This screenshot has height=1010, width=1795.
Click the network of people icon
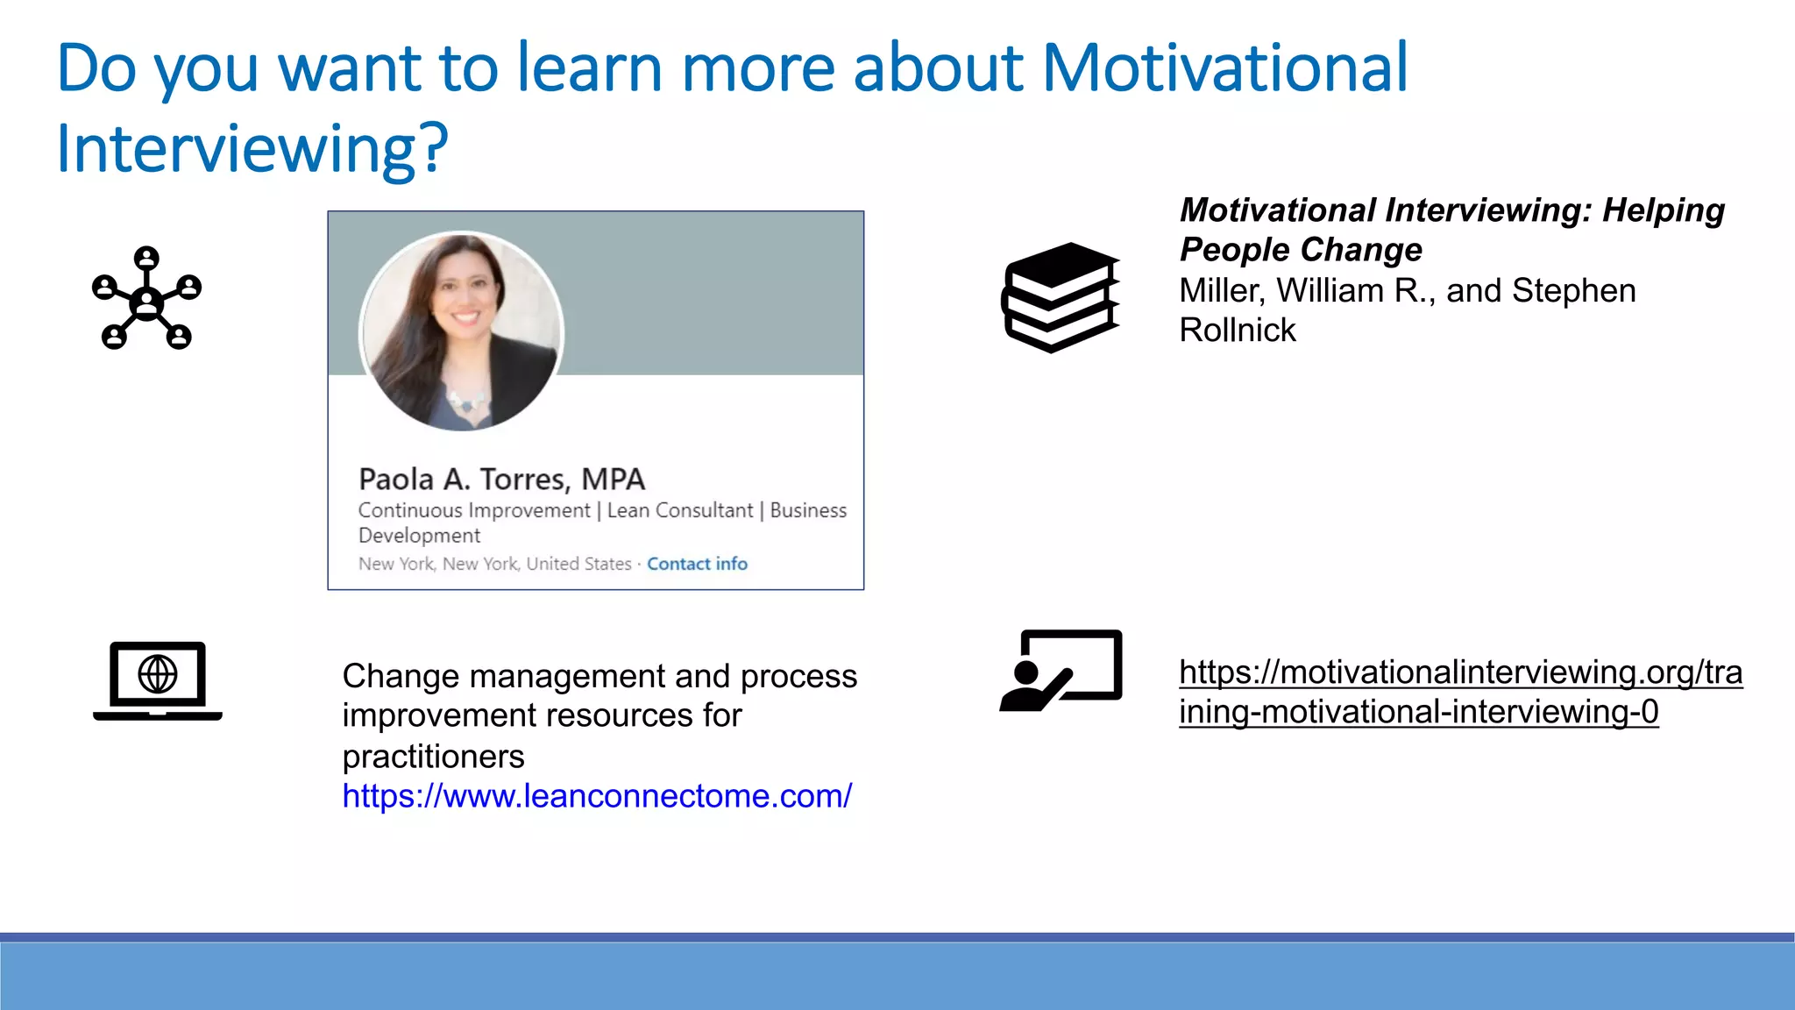(146, 298)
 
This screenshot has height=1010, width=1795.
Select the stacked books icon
(1061, 298)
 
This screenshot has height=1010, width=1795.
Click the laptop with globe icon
(158, 681)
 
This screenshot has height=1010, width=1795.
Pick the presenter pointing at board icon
(1061, 671)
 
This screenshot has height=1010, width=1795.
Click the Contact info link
(697, 564)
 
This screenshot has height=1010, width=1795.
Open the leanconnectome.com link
(596, 796)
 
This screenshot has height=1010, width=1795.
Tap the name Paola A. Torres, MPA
(501, 480)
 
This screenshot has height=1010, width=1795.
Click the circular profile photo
(462, 331)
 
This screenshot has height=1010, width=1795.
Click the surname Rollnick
(1237, 331)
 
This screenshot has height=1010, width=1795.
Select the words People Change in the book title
(1301, 250)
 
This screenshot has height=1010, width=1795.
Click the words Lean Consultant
(679, 510)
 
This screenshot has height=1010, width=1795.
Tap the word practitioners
(433, 756)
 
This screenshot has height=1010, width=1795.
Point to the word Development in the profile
(419, 536)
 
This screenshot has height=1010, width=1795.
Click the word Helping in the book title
(1663, 210)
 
